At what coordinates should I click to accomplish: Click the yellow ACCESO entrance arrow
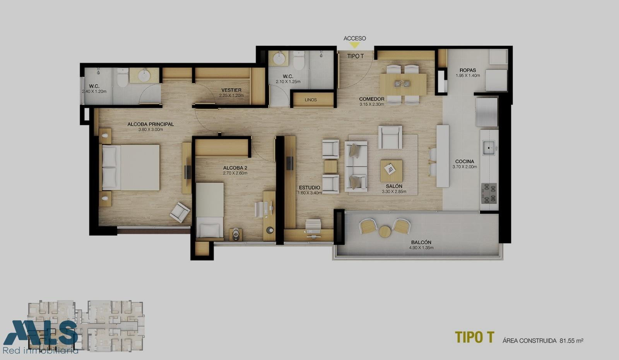pyautogui.click(x=354, y=45)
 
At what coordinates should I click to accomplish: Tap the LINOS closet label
pyautogui.click(x=311, y=100)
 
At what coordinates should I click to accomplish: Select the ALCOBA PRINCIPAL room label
pyautogui.click(x=150, y=124)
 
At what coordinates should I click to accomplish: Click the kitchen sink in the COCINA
pyautogui.click(x=489, y=148)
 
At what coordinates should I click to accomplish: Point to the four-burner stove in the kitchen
pyautogui.click(x=489, y=193)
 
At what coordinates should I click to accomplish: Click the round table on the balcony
pyautogui.click(x=385, y=232)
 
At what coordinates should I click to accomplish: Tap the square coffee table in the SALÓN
pyautogui.click(x=391, y=171)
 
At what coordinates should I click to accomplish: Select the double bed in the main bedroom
pyautogui.click(x=131, y=167)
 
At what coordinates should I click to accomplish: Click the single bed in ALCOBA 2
pyautogui.click(x=210, y=210)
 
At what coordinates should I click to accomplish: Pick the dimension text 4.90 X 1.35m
pyautogui.click(x=421, y=247)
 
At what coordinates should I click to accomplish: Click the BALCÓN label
pyautogui.click(x=421, y=242)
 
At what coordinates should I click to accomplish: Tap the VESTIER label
pyautogui.click(x=231, y=90)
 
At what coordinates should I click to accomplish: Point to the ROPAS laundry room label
pyautogui.click(x=468, y=70)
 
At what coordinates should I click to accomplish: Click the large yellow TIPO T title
pyautogui.click(x=474, y=337)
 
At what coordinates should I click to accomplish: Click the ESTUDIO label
pyautogui.click(x=309, y=188)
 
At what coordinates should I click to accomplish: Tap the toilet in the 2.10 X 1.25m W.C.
pyautogui.click(x=299, y=60)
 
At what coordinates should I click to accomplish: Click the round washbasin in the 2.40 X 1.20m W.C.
pyautogui.click(x=144, y=75)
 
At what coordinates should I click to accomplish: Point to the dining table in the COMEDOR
pyautogui.click(x=403, y=84)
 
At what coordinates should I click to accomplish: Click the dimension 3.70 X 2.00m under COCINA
pyautogui.click(x=465, y=167)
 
